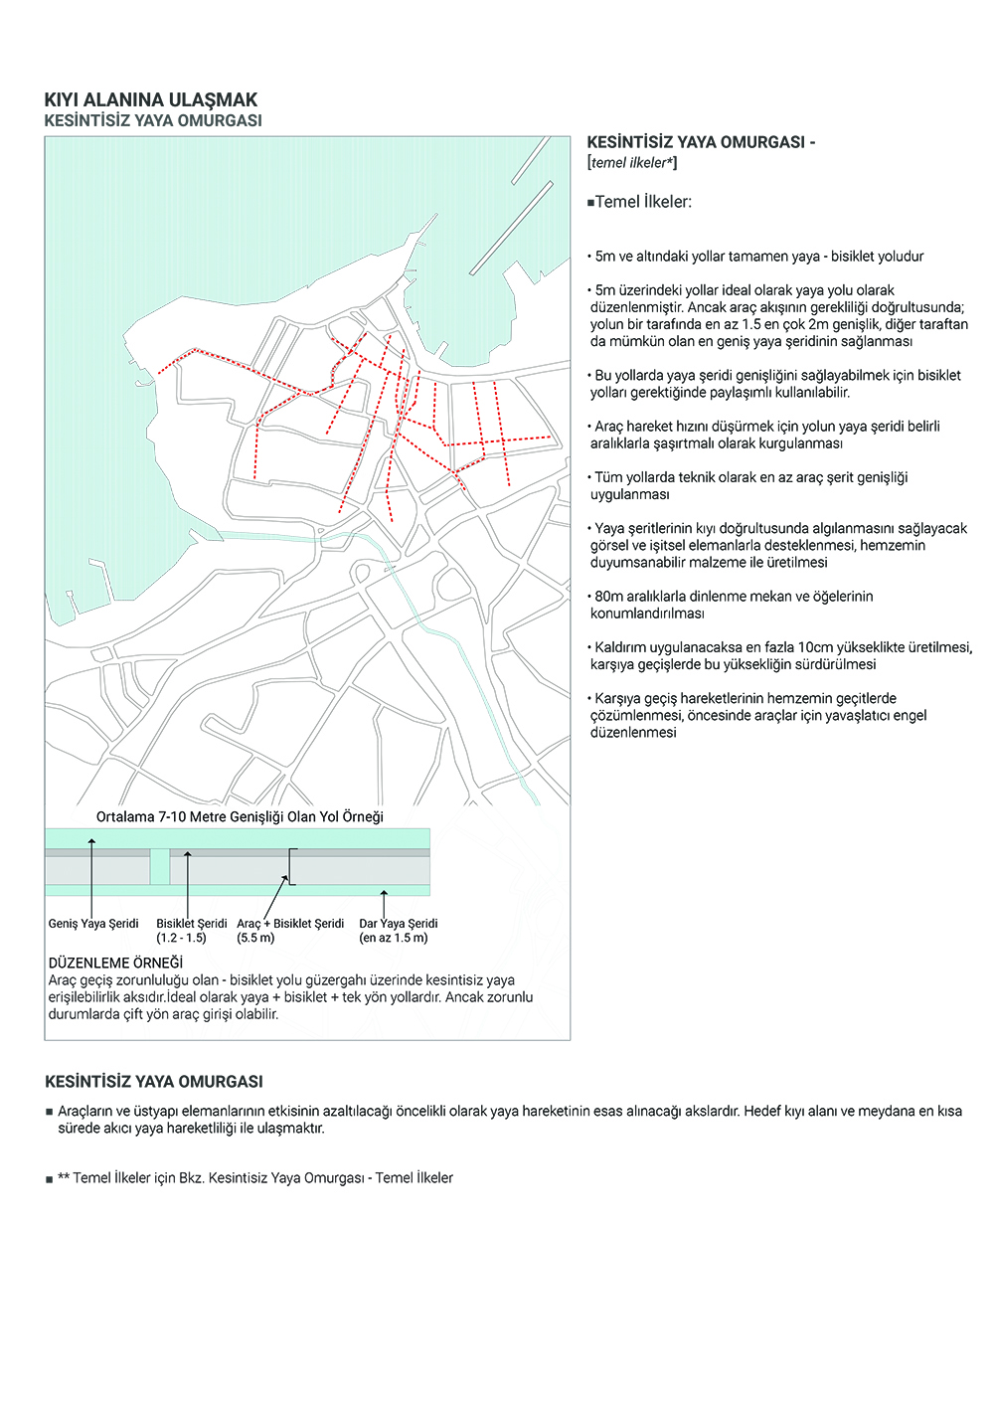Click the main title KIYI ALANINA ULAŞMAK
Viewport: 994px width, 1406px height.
[150, 99]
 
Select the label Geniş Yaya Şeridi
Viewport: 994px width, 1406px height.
[93, 924]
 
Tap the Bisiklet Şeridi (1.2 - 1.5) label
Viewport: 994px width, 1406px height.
[191, 931]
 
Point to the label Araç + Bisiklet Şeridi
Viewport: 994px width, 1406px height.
[290, 924]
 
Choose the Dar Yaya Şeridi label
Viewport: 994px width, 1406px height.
[398, 924]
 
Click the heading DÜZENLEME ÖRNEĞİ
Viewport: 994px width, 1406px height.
[115, 963]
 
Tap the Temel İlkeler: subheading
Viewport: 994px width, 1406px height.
[640, 202]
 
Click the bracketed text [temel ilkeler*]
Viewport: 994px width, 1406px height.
[632, 163]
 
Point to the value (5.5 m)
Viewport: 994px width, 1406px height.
[255, 938]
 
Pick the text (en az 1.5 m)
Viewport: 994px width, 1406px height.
[394, 938]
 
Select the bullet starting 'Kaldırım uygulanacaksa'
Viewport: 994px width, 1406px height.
[780, 655]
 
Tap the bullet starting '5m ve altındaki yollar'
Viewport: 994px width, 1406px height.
[757, 257]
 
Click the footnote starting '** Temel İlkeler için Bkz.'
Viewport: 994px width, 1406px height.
[254, 1178]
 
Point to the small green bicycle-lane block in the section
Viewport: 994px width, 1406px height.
[160, 866]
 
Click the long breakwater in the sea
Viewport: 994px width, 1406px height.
[511, 228]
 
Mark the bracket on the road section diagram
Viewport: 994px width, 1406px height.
[291, 866]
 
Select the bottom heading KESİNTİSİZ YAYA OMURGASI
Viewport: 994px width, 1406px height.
[154, 1082]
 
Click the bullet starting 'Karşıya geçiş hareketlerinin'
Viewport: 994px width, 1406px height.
[757, 715]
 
